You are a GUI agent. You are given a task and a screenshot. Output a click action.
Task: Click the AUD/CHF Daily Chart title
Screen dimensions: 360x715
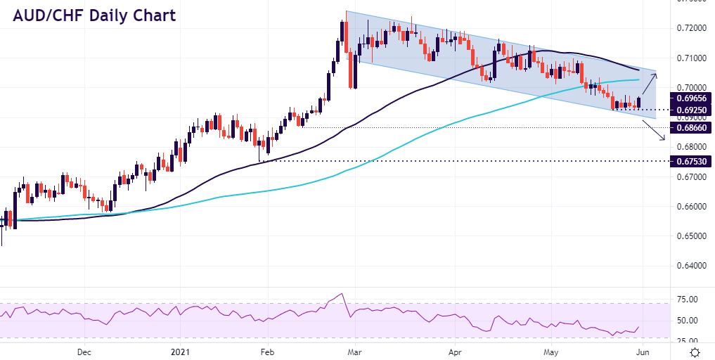click(x=92, y=15)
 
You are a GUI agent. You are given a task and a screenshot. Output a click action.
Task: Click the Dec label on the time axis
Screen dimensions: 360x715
click(x=84, y=352)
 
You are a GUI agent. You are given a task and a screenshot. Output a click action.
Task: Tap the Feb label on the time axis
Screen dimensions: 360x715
click(x=266, y=352)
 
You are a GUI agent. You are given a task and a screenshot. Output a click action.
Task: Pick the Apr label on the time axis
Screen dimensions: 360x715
click(x=455, y=352)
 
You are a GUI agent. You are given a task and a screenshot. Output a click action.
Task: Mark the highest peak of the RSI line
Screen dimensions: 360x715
click(x=342, y=294)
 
